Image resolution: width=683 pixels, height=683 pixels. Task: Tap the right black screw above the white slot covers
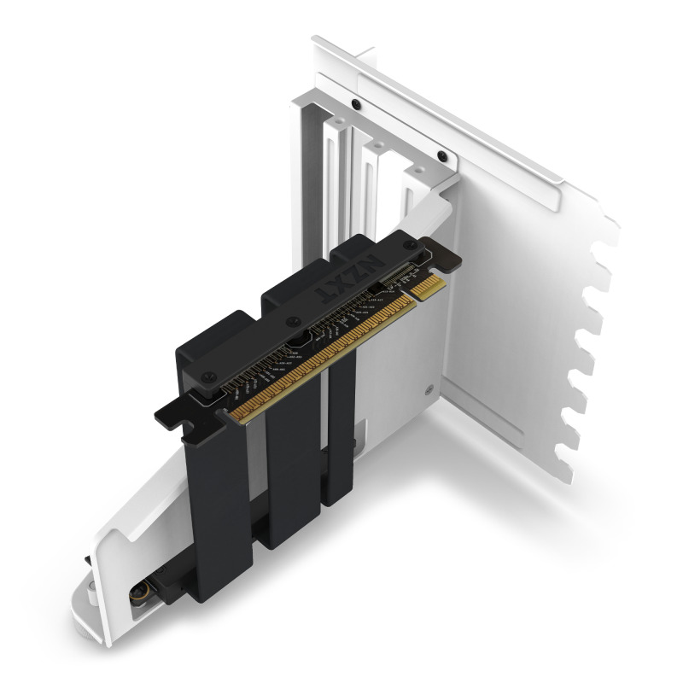pyautogui.click(x=441, y=155)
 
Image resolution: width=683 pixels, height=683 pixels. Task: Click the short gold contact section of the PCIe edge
pyautogui.click(x=427, y=287)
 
